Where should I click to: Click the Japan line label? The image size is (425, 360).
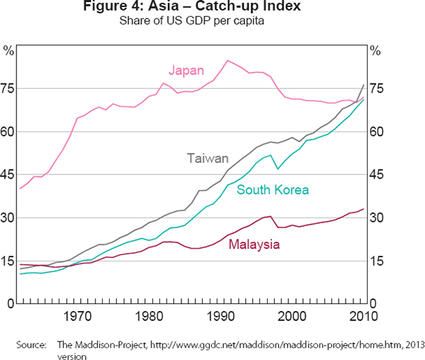[x=186, y=70]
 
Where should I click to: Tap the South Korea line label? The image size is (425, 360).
[x=273, y=190]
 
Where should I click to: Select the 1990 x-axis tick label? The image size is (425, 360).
[x=220, y=316]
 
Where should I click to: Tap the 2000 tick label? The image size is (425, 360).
[x=290, y=316]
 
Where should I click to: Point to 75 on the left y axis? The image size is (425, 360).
[x=8, y=89]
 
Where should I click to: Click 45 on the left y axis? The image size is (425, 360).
[x=8, y=174]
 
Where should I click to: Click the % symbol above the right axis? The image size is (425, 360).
[x=376, y=50]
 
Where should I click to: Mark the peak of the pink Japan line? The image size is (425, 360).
[x=227, y=60]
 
